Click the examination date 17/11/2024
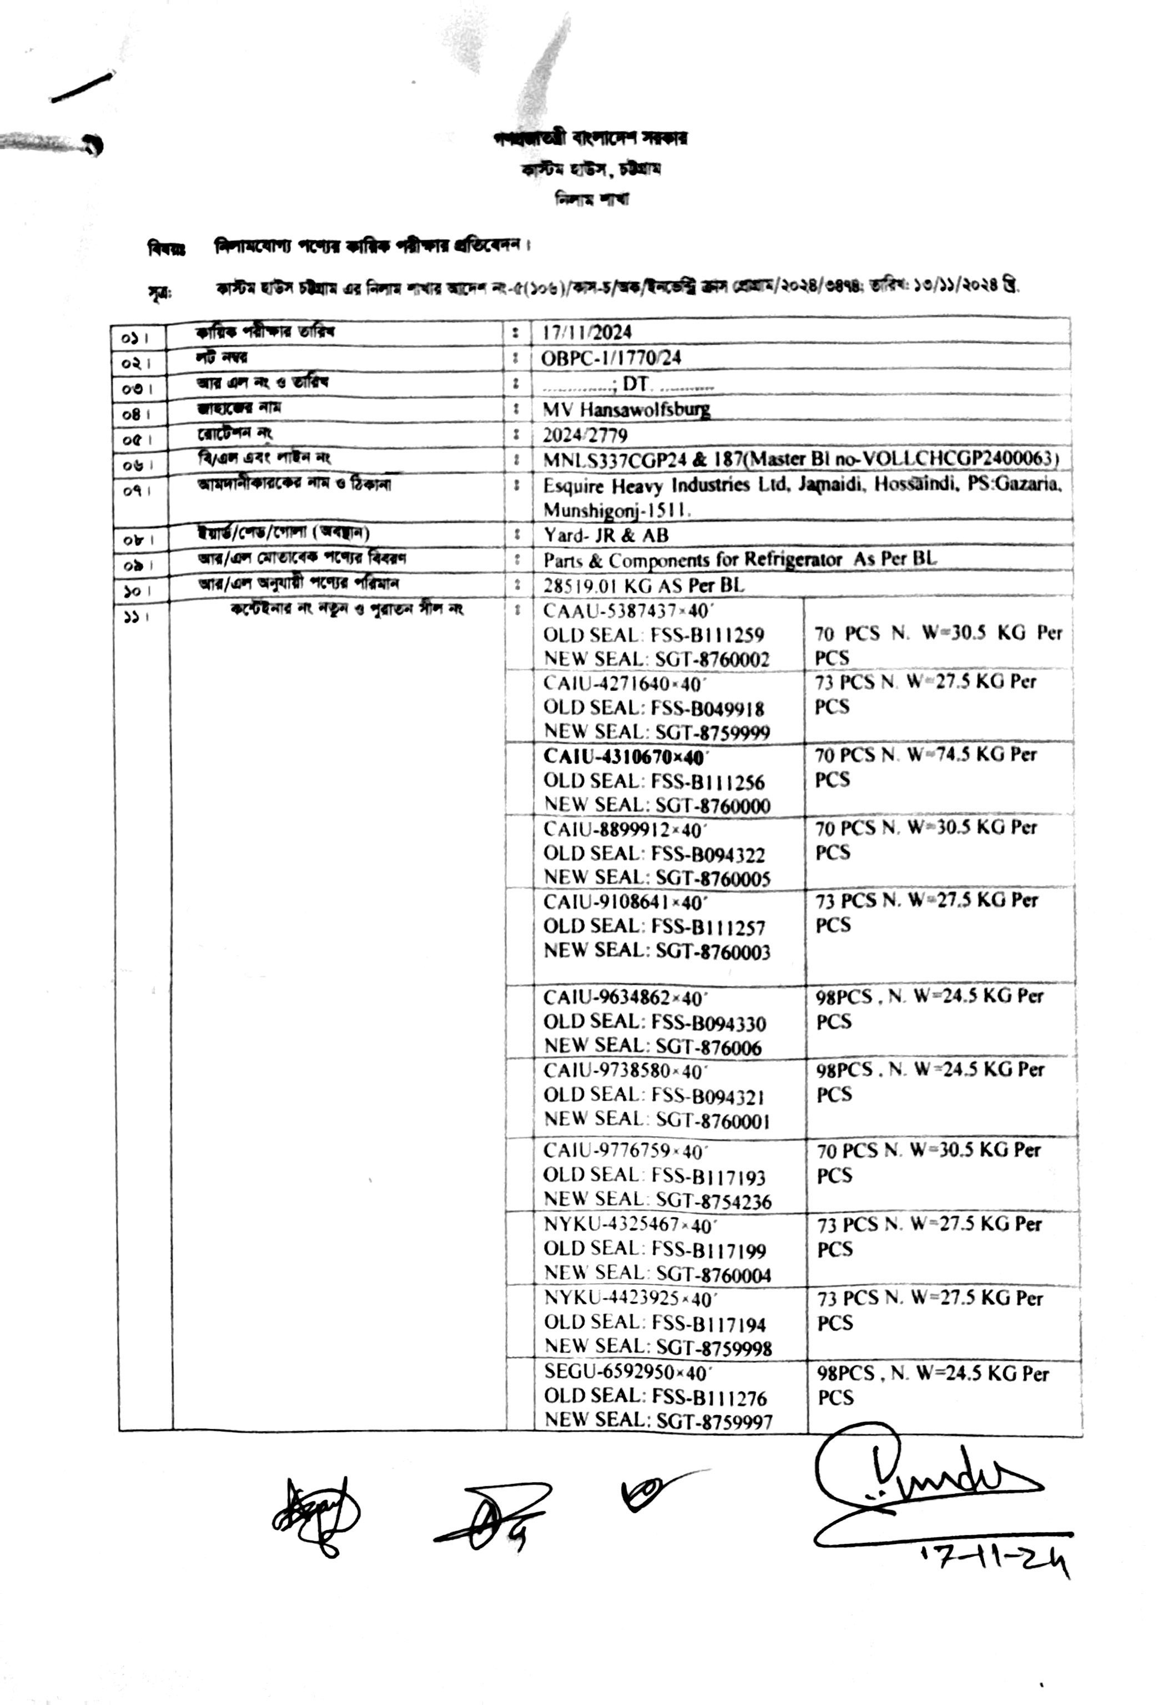tap(586, 332)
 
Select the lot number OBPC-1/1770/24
tap(611, 358)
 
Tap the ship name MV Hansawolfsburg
tap(626, 410)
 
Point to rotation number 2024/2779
tap(585, 435)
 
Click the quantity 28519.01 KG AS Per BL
tap(643, 586)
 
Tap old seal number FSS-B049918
tap(708, 709)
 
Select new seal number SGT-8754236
tap(713, 1201)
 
